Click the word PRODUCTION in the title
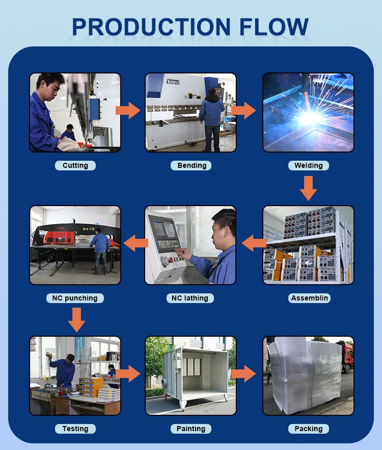coord(151,27)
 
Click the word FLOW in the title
coord(274,27)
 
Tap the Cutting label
coord(75,165)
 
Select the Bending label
coord(191,165)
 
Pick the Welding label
coord(308,165)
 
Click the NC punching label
coord(75,298)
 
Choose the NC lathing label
coord(190,298)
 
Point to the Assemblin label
coord(309,298)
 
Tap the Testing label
coord(75,429)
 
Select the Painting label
coord(191,429)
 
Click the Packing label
coord(308,429)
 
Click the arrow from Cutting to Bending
coord(128,110)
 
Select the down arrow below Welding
coord(308,188)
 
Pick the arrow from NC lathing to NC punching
coord(136,243)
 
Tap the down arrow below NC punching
coord(76,320)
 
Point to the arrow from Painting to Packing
coord(243,373)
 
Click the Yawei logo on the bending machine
coord(173,82)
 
